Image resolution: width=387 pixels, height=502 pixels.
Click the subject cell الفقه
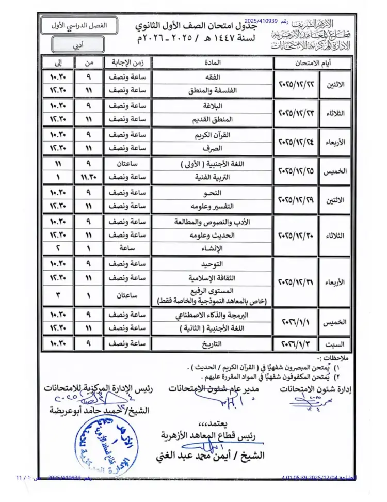[x=213, y=77]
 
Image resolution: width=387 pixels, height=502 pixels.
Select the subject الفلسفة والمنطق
[x=213, y=89]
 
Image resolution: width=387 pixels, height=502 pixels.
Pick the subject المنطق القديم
[x=213, y=119]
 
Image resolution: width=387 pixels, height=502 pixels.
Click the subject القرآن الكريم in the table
[x=213, y=135]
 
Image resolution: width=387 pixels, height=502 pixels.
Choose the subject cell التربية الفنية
[x=213, y=176]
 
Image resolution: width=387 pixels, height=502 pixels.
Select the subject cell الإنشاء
[x=213, y=247]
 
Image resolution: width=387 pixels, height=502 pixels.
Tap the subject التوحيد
[x=213, y=263]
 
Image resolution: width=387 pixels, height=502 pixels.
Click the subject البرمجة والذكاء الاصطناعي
[x=213, y=315]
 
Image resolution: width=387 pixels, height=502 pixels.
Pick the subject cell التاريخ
[x=213, y=343]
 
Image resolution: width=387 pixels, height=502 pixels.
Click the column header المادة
[x=213, y=62]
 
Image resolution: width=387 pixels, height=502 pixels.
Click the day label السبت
[x=334, y=343]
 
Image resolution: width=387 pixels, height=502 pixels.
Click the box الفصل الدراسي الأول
[x=78, y=25]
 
